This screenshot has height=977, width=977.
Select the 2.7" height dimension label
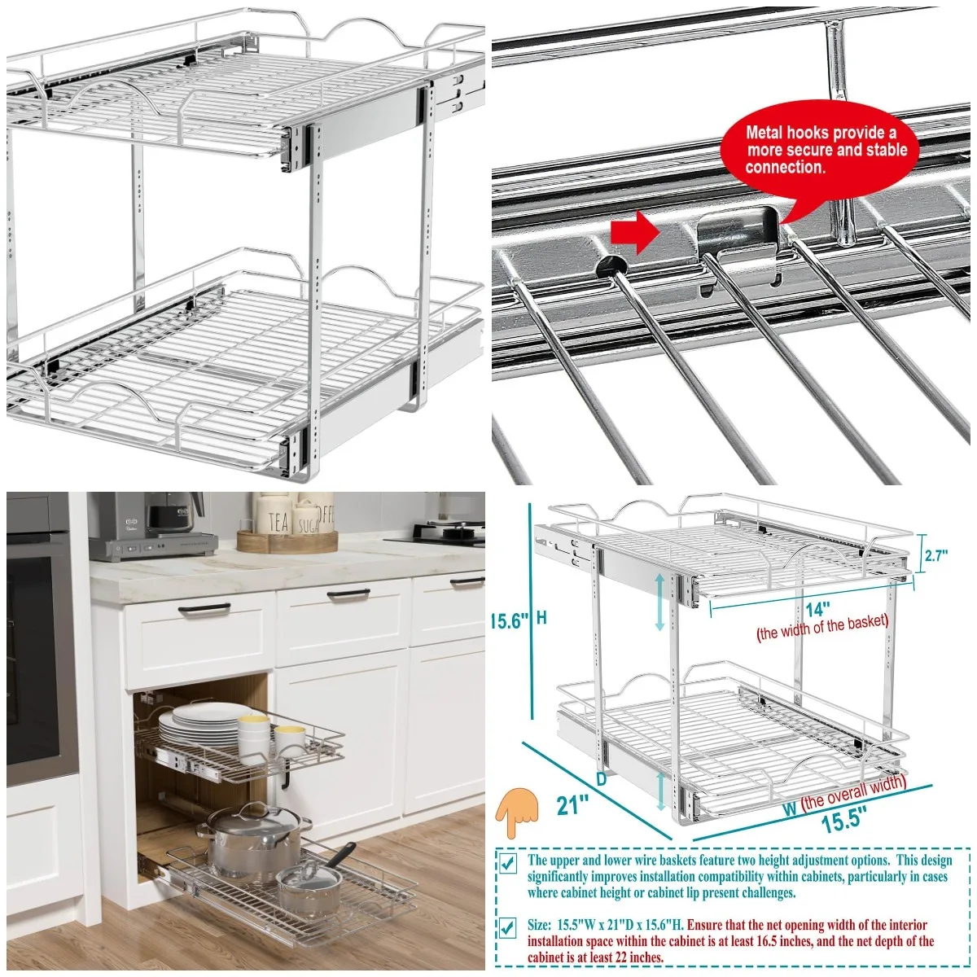click(937, 557)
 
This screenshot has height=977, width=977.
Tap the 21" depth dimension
click(572, 805)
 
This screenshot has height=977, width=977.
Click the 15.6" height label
click(508, 620)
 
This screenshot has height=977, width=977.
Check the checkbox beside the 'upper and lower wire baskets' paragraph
click(507, 864)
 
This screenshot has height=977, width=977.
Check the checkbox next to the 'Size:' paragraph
click(507, 928)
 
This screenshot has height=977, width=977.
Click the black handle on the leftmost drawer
click(199, 611)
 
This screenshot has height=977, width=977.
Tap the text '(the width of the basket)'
click(822, 629)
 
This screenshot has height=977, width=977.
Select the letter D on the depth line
click(601, 779)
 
